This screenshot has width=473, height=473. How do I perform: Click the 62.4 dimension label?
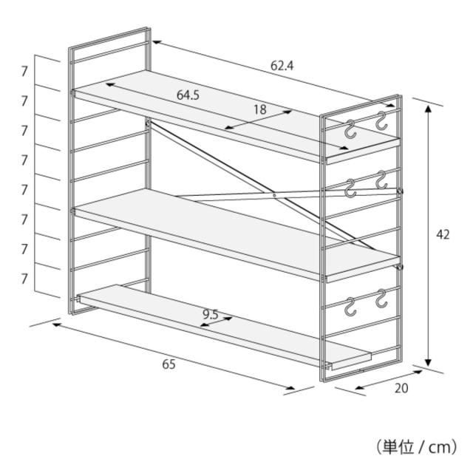[282, 66]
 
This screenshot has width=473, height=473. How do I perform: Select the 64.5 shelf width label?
[188, 95]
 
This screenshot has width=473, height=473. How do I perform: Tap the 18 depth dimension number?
[259, 109]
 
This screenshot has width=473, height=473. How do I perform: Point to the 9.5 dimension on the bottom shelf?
[210, 315]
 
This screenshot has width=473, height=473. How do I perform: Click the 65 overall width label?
[169, 364]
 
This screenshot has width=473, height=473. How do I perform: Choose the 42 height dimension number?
[443, 235]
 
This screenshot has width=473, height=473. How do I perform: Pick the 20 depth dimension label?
[401, 388]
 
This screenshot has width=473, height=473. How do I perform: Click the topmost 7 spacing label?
[24, 72]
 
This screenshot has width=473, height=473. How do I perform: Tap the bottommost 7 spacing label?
[24, 279]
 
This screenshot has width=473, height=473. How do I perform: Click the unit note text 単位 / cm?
[417, 447]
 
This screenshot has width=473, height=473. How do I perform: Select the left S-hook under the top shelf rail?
[350, 129]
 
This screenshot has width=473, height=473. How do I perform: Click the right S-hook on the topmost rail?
[381, 120]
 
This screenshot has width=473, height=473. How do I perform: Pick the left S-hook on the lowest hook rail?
[350, 307]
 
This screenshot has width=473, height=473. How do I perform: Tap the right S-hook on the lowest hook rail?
[381, 299]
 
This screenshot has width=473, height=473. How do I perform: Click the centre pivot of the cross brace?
[274, 195]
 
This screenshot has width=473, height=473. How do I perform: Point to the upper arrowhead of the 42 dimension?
[428, 109]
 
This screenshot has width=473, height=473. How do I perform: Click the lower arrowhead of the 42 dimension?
[428, 363]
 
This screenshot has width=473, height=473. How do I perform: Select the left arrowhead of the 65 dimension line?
[56, 324]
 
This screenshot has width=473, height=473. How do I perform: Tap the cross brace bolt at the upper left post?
[148, 123]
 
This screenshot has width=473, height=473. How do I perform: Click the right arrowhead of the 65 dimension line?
[290, 387]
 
